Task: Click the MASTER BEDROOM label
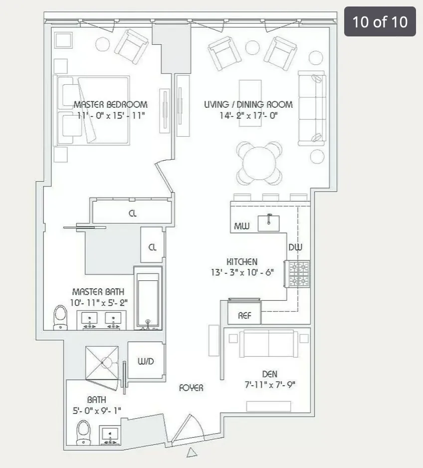point(110,105)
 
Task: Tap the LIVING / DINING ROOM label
point(248,105)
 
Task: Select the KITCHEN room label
point(242,262)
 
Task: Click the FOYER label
point(192,388)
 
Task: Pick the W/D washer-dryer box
point(146,362)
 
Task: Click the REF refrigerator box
point(244,315)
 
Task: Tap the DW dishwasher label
point(295,247)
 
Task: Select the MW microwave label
point(241,228)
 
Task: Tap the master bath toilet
point(60,317)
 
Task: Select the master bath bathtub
point(148,298)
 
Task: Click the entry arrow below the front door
point(192,453)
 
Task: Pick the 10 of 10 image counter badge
point(380,21)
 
